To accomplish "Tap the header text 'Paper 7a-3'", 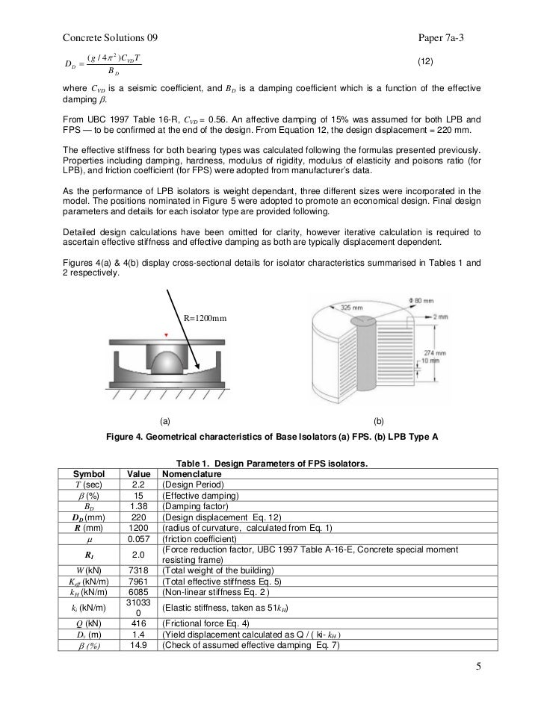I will (x=446, y=37).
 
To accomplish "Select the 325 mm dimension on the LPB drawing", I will (x=349, y=307).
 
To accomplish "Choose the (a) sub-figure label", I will (x=166, y=420).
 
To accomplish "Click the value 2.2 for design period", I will (x=137, y=485).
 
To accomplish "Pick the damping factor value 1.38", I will (x=137, y=505).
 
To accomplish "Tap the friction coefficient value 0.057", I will (x=137, y=539).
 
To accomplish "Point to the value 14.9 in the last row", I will (x=137, y=646).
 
